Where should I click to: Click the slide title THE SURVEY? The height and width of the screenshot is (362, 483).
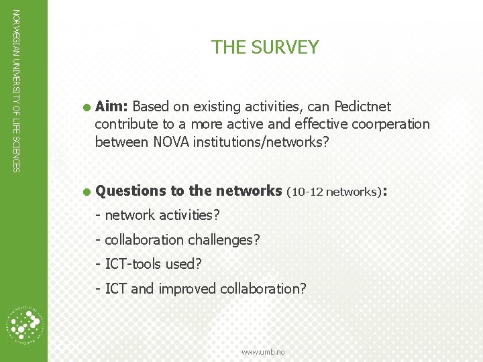[265, 48]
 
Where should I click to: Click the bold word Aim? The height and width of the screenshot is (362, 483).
[112, 107]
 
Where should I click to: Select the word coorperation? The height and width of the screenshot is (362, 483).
[390, 124]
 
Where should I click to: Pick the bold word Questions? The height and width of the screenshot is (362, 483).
[130, 191]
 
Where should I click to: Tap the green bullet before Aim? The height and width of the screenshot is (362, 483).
[87, 107]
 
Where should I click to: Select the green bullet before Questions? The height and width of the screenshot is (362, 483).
[87, 192]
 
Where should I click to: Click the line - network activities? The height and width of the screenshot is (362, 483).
[158, 215]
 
